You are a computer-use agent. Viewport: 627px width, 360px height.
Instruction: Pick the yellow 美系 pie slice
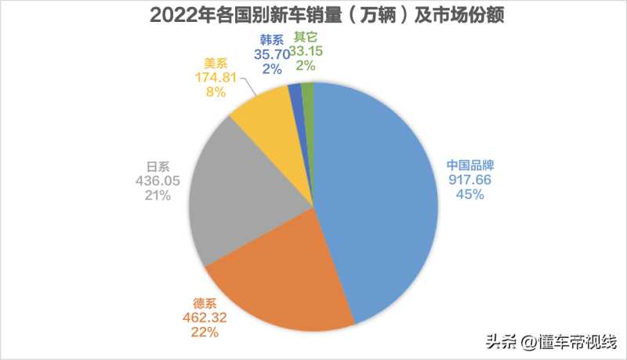[266, 125]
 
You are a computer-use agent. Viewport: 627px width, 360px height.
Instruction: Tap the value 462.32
[198, 318]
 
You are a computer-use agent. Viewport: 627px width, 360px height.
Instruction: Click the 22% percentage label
[198, 333]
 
